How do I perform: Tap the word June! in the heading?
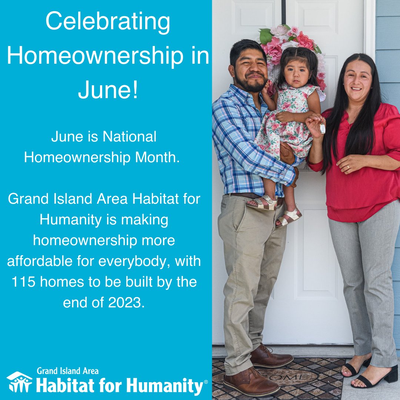click(x=108, y=91)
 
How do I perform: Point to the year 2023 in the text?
click(x=124, y=303)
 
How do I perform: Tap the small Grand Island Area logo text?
click(x=67, y=371)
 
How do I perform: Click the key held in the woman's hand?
click(x=323, y=128)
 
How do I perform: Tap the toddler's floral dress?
click(x=287, y=122)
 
